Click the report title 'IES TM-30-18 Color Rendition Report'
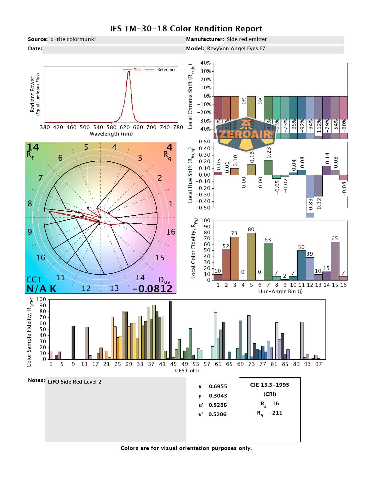(186, 29)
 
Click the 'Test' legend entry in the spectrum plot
(138, 70)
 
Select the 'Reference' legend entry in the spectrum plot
(166, 70)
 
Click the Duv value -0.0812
(152, 289)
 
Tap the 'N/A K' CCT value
(41, 289)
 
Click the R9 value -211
(276, 413)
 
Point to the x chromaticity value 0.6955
(218, 386)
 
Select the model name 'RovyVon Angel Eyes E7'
(236, 48)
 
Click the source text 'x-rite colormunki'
(73, 39)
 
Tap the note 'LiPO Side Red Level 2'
(74, 382)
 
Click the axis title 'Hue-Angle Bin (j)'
(280, 292)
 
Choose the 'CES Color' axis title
(187, 371)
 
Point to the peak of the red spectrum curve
(129, 72)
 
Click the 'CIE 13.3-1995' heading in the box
(269, 385)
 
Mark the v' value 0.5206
(217, 414)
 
